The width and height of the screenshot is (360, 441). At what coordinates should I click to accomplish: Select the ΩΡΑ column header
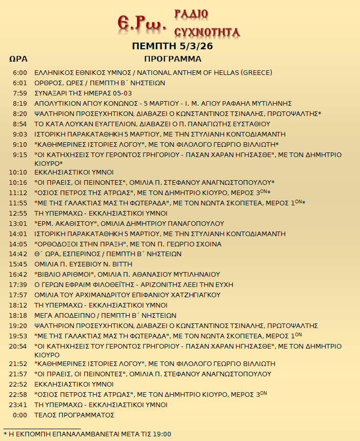click(x=18, y=59)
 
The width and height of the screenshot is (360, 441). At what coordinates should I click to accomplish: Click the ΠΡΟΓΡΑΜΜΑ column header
click(x=173, y=59)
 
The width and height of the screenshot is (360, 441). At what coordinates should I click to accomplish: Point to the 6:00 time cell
click(x=20, y=73)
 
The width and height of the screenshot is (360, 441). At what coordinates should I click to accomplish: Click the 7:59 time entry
click(x=20, y=93)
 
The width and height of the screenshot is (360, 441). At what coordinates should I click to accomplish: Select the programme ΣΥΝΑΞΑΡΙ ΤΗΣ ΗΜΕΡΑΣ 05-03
click(x=83, y=93)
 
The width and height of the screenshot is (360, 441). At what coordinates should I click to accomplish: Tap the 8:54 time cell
click(x=20, y=124)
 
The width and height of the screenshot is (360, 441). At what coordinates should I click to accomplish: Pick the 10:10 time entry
click(x=18, y=172)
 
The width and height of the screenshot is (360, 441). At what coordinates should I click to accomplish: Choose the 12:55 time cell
click(x=18, y=213)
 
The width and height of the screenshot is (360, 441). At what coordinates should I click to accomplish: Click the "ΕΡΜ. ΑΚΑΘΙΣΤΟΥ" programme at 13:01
click(x=129, y=223)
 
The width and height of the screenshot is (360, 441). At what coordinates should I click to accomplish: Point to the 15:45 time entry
click(x=18, y=264)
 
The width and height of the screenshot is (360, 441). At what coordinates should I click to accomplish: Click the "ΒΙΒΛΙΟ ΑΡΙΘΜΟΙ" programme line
click(x=127, y=274)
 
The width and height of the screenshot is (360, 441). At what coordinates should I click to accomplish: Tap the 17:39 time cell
click(x=18, y=284)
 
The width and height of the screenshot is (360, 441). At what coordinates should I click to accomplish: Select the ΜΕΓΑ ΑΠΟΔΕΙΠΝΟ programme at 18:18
click(x=105, y=315)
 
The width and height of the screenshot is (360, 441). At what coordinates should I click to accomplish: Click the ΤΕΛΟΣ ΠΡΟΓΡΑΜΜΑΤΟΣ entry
click(x=74, y=415)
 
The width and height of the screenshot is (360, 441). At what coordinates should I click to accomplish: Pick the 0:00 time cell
click(x=20, y=415)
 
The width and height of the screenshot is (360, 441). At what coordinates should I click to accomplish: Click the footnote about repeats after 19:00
click(x=87, y=434)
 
